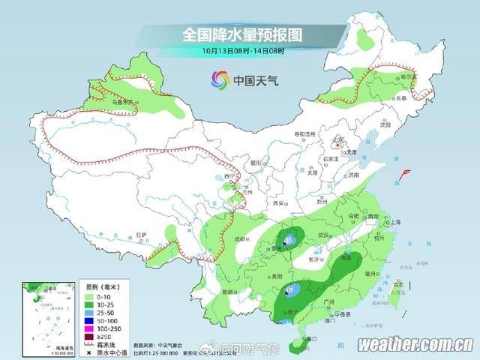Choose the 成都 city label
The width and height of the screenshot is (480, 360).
pos(240,238)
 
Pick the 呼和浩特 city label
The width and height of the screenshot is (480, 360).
pos(305,134)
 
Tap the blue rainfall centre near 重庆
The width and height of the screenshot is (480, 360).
pos(287,240)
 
